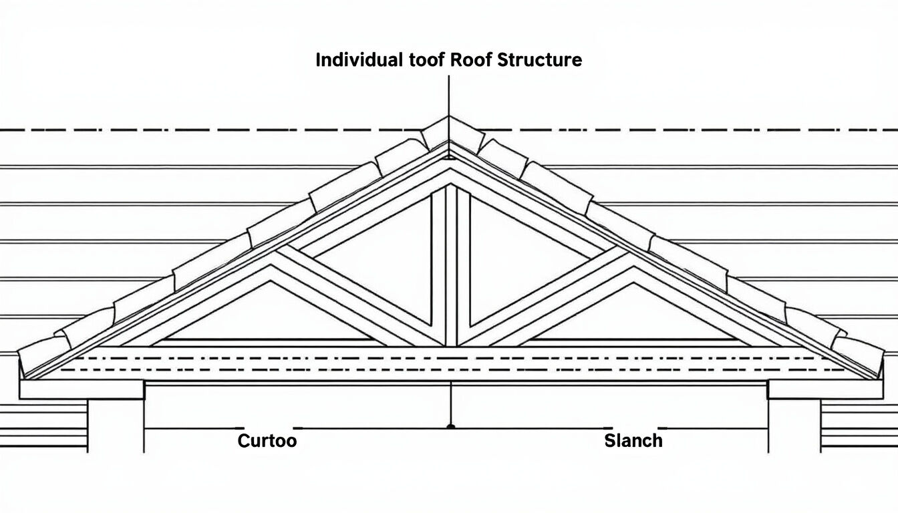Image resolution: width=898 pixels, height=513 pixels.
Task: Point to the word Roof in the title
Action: tap(472, 60)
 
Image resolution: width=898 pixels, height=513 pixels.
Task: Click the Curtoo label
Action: tap(267, 441)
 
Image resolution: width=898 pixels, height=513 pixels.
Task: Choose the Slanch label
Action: tap(633, 441)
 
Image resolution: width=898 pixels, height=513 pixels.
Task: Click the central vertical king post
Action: tap(450, 267)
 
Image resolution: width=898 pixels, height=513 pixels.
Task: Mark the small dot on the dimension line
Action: tap(451, 425)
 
